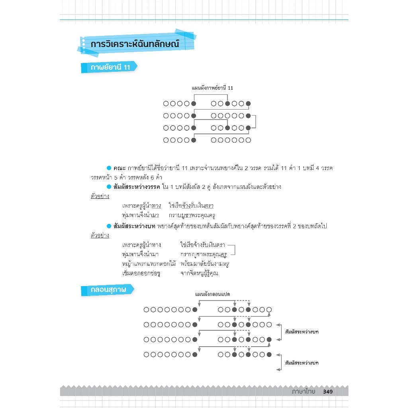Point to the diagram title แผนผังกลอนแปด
215,294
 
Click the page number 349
328,392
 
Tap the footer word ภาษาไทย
303,392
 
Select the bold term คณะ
120,169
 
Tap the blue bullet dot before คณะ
108,169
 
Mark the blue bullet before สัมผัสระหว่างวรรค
108,187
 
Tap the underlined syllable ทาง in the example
156,206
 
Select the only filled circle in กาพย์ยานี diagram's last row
194,140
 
